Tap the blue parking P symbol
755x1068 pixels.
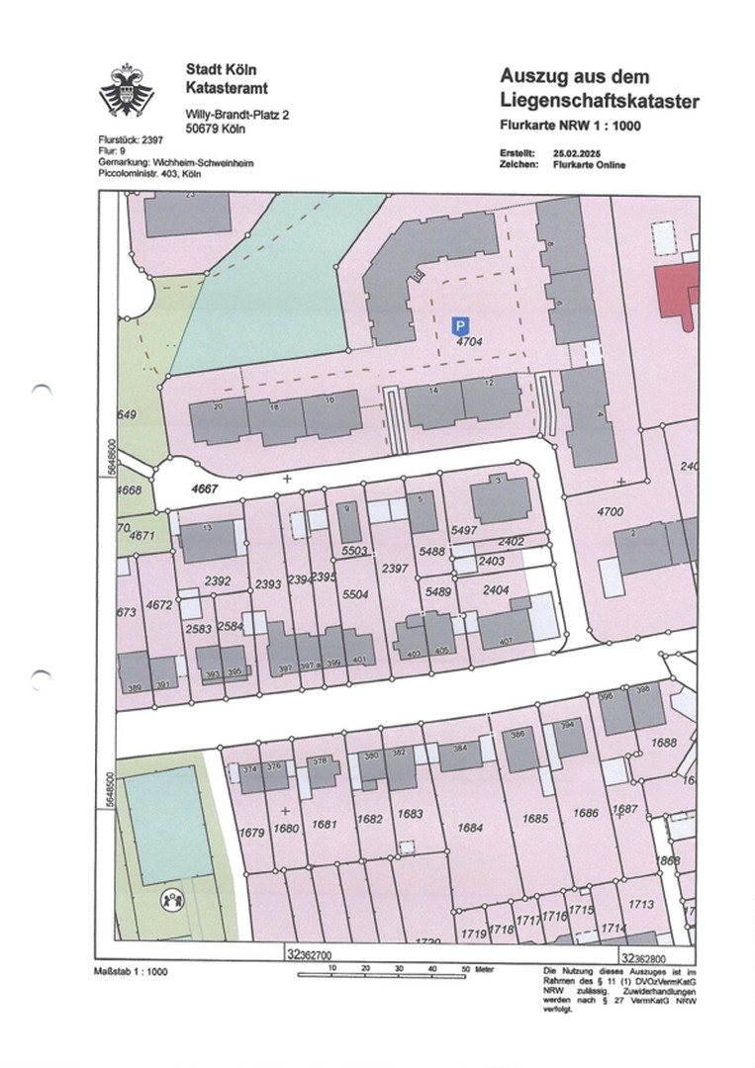pos(459,324)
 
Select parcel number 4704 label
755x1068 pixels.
pos(469,341)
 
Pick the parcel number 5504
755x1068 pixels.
pos(354,594)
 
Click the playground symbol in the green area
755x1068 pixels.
pos(174,899)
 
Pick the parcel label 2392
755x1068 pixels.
pos(218,581)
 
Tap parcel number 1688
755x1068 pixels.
pos(665,743)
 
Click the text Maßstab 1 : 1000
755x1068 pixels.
pos(131,971)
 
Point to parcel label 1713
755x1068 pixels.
pos(642,904)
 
